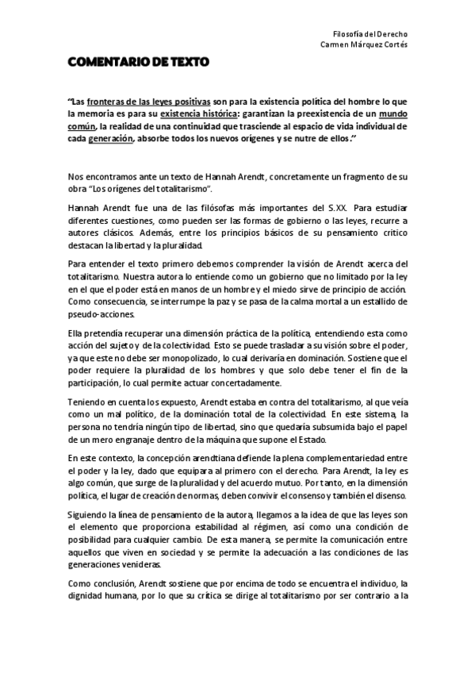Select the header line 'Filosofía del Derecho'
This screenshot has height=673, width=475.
point(370,35)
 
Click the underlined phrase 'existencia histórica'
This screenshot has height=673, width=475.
point(188,113)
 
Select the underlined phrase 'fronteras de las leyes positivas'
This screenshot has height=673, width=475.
point(149,102)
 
